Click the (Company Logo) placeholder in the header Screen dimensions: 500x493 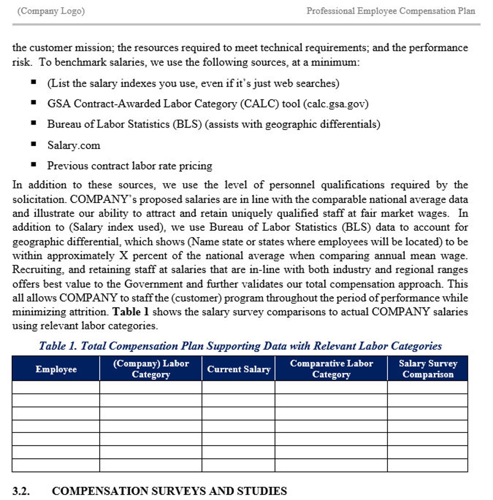[x=51, y=11]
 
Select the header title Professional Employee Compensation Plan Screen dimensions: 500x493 [x=391, y=11]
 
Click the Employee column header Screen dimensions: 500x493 [x=56, y=369]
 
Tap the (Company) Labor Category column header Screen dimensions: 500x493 [x=151, y=369]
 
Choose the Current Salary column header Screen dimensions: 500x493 [x=238, y=369]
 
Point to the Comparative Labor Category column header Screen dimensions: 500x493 [x=331, y=369]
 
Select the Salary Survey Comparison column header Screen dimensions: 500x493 [x=428, y=369]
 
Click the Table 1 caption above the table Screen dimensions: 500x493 [x=240, y=346]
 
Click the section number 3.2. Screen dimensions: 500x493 [x=21, y=491]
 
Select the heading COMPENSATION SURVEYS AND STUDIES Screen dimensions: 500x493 [x=169, y=491]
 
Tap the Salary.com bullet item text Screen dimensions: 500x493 [x=73, y=145]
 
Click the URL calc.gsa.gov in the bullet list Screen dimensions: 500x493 [x=335, y=104]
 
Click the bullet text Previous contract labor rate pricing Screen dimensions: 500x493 [x=130, y=166]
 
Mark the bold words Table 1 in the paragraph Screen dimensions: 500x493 [x=129, y=312]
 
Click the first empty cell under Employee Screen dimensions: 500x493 [x=56, y=387]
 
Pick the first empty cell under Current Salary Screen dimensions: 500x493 [x=238, y=387]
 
